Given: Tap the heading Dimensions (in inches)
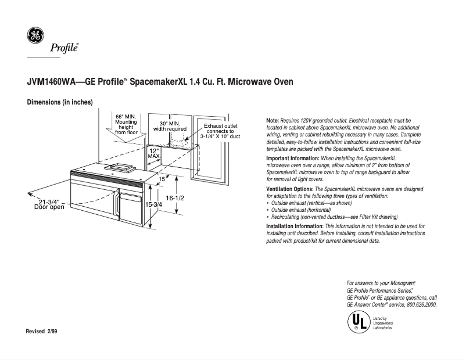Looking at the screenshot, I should click(x=60, y=103).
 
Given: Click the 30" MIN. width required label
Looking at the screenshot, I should click(x=169, y=126).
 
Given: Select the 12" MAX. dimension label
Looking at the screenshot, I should click(x=154, y=153).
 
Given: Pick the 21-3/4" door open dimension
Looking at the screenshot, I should click(x=49, y=204).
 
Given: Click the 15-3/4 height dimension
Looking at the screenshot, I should click(x=153, y=205).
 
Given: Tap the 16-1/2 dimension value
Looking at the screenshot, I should click(x=175, y=198).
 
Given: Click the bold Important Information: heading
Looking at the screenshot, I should click(x=292, y=159).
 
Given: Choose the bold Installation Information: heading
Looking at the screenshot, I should click(x=294, y=226).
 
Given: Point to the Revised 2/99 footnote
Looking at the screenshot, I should click(x=42, y=331).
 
